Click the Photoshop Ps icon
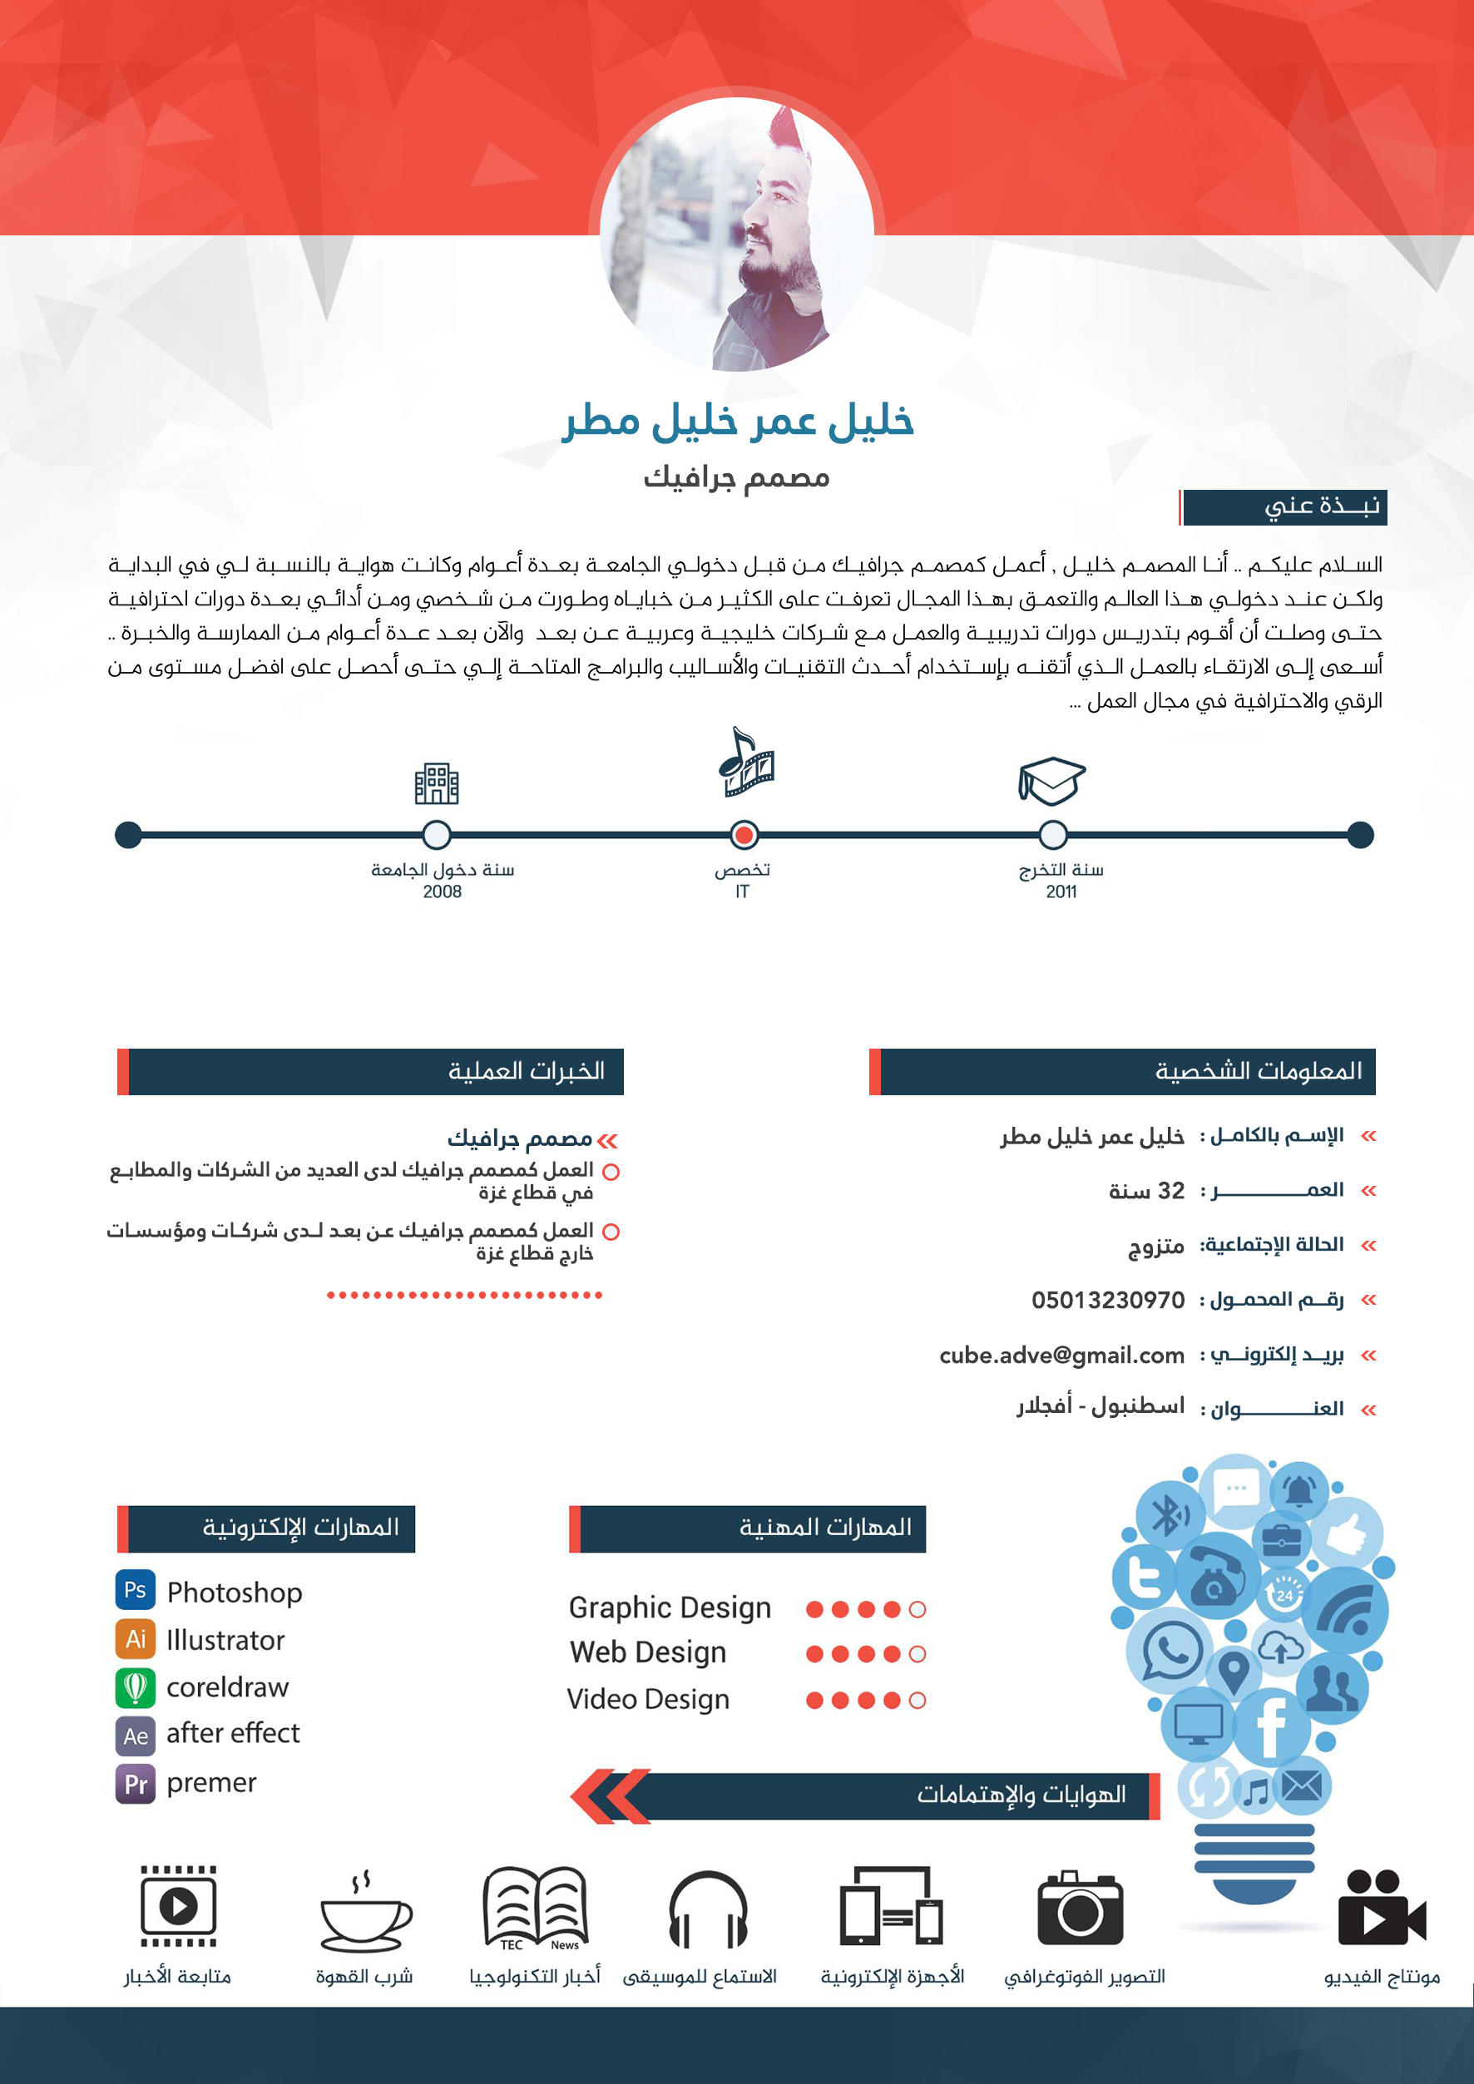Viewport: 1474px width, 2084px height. click(136, 1589)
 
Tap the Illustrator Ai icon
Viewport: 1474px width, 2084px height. click(136, 1638)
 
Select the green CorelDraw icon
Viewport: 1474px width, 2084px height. click(136, 1687)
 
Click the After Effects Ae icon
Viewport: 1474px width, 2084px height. click(136, 1736)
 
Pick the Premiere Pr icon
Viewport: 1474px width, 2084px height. click(136, 1784)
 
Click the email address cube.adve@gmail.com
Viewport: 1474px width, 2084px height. click(1062, 1356)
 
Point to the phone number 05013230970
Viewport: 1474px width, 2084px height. click(1107, 1300)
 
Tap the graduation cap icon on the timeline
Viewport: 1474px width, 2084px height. click(1051, 781)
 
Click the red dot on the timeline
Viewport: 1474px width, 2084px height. click(744, 834)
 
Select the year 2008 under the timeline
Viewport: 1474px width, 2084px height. click(442, 891)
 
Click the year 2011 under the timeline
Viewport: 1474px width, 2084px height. click(1061, 891)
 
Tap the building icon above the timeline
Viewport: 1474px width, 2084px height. click(437, 783)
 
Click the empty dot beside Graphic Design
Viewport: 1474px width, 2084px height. click(918, 1609)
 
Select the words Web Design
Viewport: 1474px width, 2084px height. click(648, 1652)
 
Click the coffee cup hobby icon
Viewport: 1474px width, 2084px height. click(365, 1913)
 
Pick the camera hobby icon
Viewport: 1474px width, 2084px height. click(1080, 1909)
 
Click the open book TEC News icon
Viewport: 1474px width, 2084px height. click(536, 1909)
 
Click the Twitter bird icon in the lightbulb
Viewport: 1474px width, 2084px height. click(1144, 1577)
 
